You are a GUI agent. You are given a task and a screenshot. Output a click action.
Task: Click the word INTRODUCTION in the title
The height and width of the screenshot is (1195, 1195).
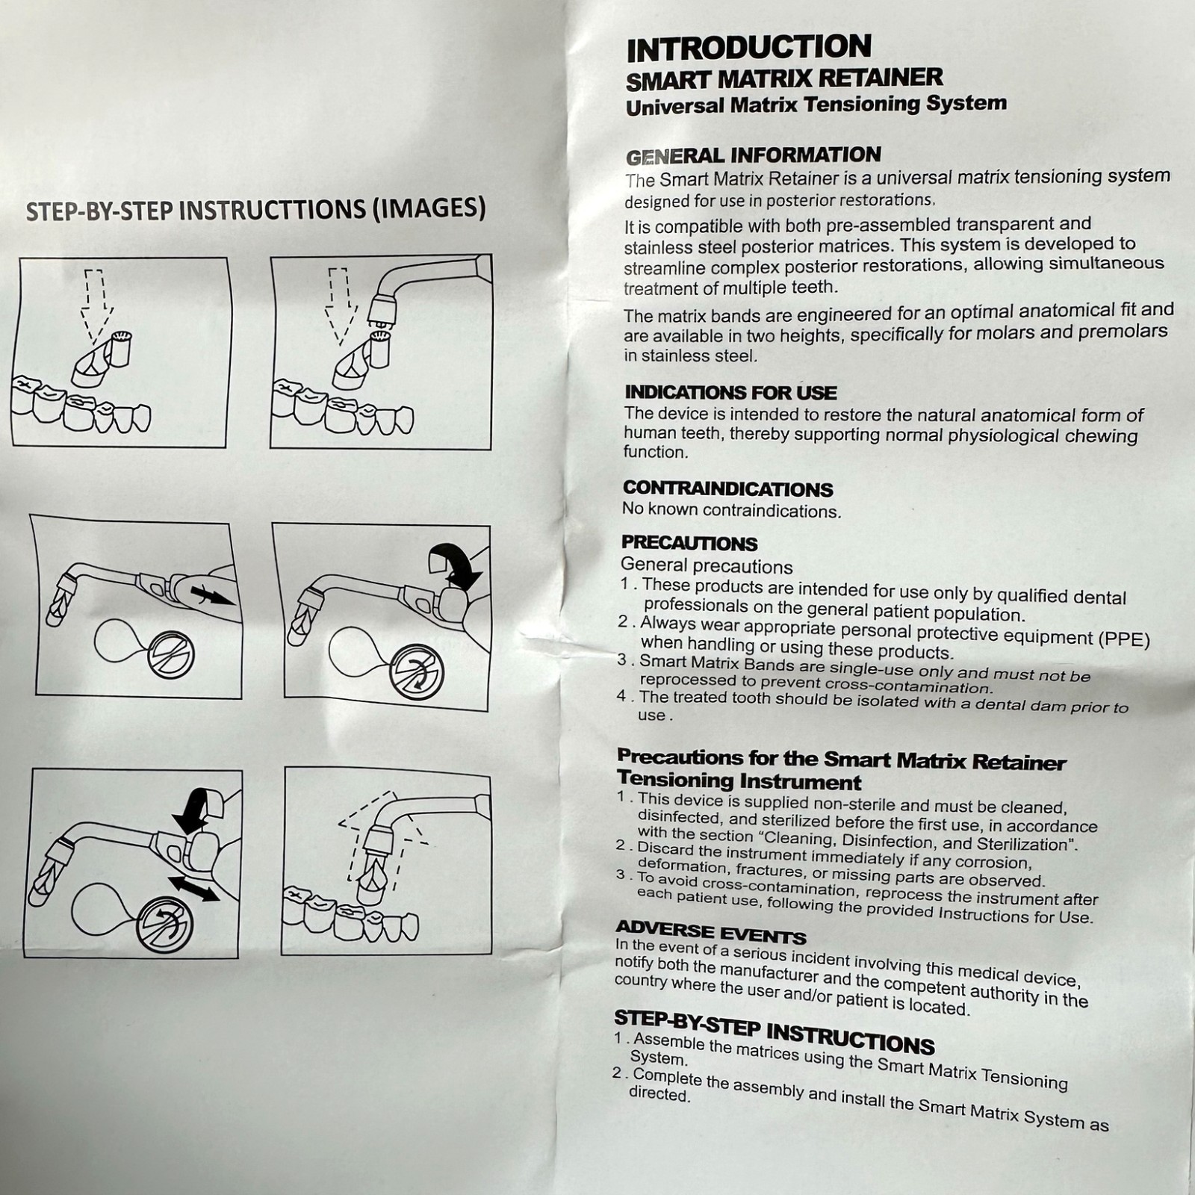[748, 48]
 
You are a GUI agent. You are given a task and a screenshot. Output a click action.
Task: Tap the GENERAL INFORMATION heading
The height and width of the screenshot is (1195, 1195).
[754, 156]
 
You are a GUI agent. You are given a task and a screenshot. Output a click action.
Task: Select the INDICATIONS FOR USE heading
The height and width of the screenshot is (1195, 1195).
[730, 392]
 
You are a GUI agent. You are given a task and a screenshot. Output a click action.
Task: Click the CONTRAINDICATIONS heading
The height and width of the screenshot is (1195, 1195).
[727, 489]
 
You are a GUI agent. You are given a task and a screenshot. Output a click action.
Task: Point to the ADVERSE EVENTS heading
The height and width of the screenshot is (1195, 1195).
[710, 933]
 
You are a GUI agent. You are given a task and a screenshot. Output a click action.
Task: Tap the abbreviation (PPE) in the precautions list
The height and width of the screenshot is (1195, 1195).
[1124, 639]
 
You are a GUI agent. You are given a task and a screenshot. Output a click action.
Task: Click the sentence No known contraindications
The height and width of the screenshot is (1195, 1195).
[732, 511]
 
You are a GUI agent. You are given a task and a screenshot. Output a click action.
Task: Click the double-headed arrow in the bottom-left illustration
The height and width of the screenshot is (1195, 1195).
[193, 889]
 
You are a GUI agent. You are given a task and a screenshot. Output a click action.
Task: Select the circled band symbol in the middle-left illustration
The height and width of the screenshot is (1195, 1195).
[171, 654]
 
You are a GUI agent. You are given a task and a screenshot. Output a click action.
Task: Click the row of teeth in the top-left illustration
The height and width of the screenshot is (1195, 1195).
[81, 404]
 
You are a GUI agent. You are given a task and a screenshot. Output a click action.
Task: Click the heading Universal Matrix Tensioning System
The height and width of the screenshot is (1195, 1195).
[816, 104]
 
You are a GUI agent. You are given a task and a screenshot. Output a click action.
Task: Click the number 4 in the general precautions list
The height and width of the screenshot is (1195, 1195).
[621, 695]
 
